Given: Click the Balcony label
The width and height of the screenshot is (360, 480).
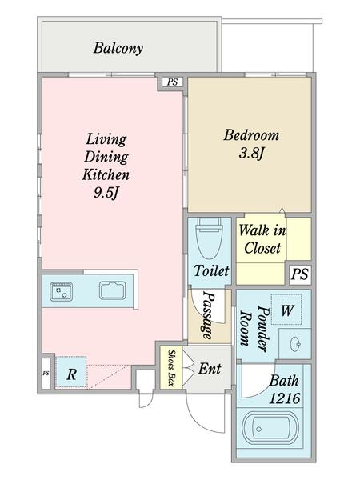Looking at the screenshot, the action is (x=118, y=48).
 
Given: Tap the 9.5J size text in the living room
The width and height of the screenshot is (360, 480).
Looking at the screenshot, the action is (x=106, y=193).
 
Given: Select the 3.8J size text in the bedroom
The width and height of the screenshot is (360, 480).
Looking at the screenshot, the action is (x=251, y=153).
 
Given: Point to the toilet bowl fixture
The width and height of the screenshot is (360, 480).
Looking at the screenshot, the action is (x=210, y=238).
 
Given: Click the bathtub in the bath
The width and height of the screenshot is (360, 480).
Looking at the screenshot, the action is (x=270, y=429).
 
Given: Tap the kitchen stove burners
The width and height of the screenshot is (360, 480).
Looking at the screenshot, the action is (x=62, y=292).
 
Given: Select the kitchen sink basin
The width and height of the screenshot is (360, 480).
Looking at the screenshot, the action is (x=112, y=290).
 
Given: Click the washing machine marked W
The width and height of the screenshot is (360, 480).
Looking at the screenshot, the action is (x=286, y=310).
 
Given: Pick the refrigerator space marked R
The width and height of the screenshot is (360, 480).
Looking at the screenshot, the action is (x=71, y=372).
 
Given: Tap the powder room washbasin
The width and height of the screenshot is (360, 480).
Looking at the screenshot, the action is (x=294, y=343).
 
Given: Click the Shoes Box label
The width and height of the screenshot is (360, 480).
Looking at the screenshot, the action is (x=171, y=367).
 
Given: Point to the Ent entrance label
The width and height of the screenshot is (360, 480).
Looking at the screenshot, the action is (x=210, y=369).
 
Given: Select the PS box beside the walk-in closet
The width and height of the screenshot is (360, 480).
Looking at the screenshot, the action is (x=300, y=274).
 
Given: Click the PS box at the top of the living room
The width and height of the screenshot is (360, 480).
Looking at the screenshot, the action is (x=172, y=82).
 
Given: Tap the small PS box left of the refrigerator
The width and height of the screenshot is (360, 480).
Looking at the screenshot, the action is (x=46, y=373).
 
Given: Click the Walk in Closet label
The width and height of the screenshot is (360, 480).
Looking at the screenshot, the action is (x=262, y=238).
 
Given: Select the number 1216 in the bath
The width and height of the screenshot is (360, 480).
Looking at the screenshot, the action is (x=284, y=398).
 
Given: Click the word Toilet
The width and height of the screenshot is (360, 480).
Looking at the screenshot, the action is (x=211, y=270).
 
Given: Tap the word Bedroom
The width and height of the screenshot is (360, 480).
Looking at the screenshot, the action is (x=251, y=135).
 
